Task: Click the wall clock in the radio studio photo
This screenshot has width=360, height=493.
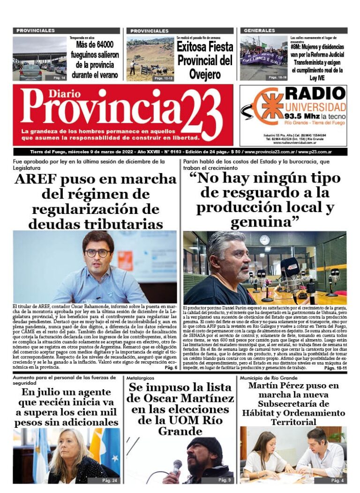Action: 264,240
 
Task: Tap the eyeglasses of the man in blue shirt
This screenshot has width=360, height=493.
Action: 97,253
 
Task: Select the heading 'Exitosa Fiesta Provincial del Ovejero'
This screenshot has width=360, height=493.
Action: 204,61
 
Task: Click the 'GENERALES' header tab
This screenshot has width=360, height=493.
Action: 259,30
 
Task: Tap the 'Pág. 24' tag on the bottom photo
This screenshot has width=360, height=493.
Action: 110,480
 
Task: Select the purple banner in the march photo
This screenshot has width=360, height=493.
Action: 262,59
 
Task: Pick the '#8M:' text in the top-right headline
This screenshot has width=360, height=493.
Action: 297,47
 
